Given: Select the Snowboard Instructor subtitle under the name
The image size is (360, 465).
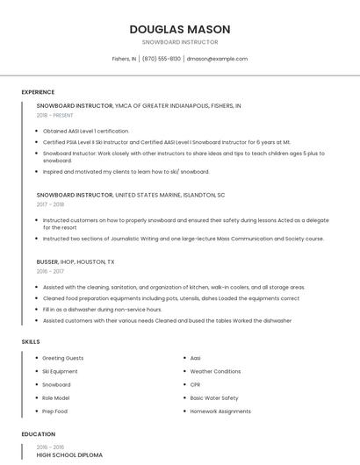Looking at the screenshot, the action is coord(180,41).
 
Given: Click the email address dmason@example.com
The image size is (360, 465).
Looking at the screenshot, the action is coord(217,59).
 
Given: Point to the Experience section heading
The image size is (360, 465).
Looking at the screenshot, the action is coord(38,92).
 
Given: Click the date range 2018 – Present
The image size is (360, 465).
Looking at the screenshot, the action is coord(54,115).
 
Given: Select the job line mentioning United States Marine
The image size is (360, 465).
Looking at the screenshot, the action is coord(131,195).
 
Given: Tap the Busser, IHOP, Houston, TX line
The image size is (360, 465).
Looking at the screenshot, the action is coord(76,262).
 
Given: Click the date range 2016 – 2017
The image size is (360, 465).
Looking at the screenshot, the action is coord(50,272).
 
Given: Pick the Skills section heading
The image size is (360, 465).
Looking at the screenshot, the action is coord(30,340).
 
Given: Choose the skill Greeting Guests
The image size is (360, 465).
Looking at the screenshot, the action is coord(63,358).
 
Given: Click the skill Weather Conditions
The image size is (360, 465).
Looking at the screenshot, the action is coord(215,371).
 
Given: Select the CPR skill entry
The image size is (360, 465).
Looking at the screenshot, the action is coord(196,384).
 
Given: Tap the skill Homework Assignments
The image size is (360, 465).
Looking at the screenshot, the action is coord(220,411).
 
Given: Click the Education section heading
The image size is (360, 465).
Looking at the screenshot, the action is coord(38,434).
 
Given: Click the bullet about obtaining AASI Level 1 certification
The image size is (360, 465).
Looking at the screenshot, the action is coord(86,131).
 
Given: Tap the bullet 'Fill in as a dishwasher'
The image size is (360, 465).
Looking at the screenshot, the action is coord(90,309).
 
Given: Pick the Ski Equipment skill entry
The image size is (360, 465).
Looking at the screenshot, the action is coord(61,371).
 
